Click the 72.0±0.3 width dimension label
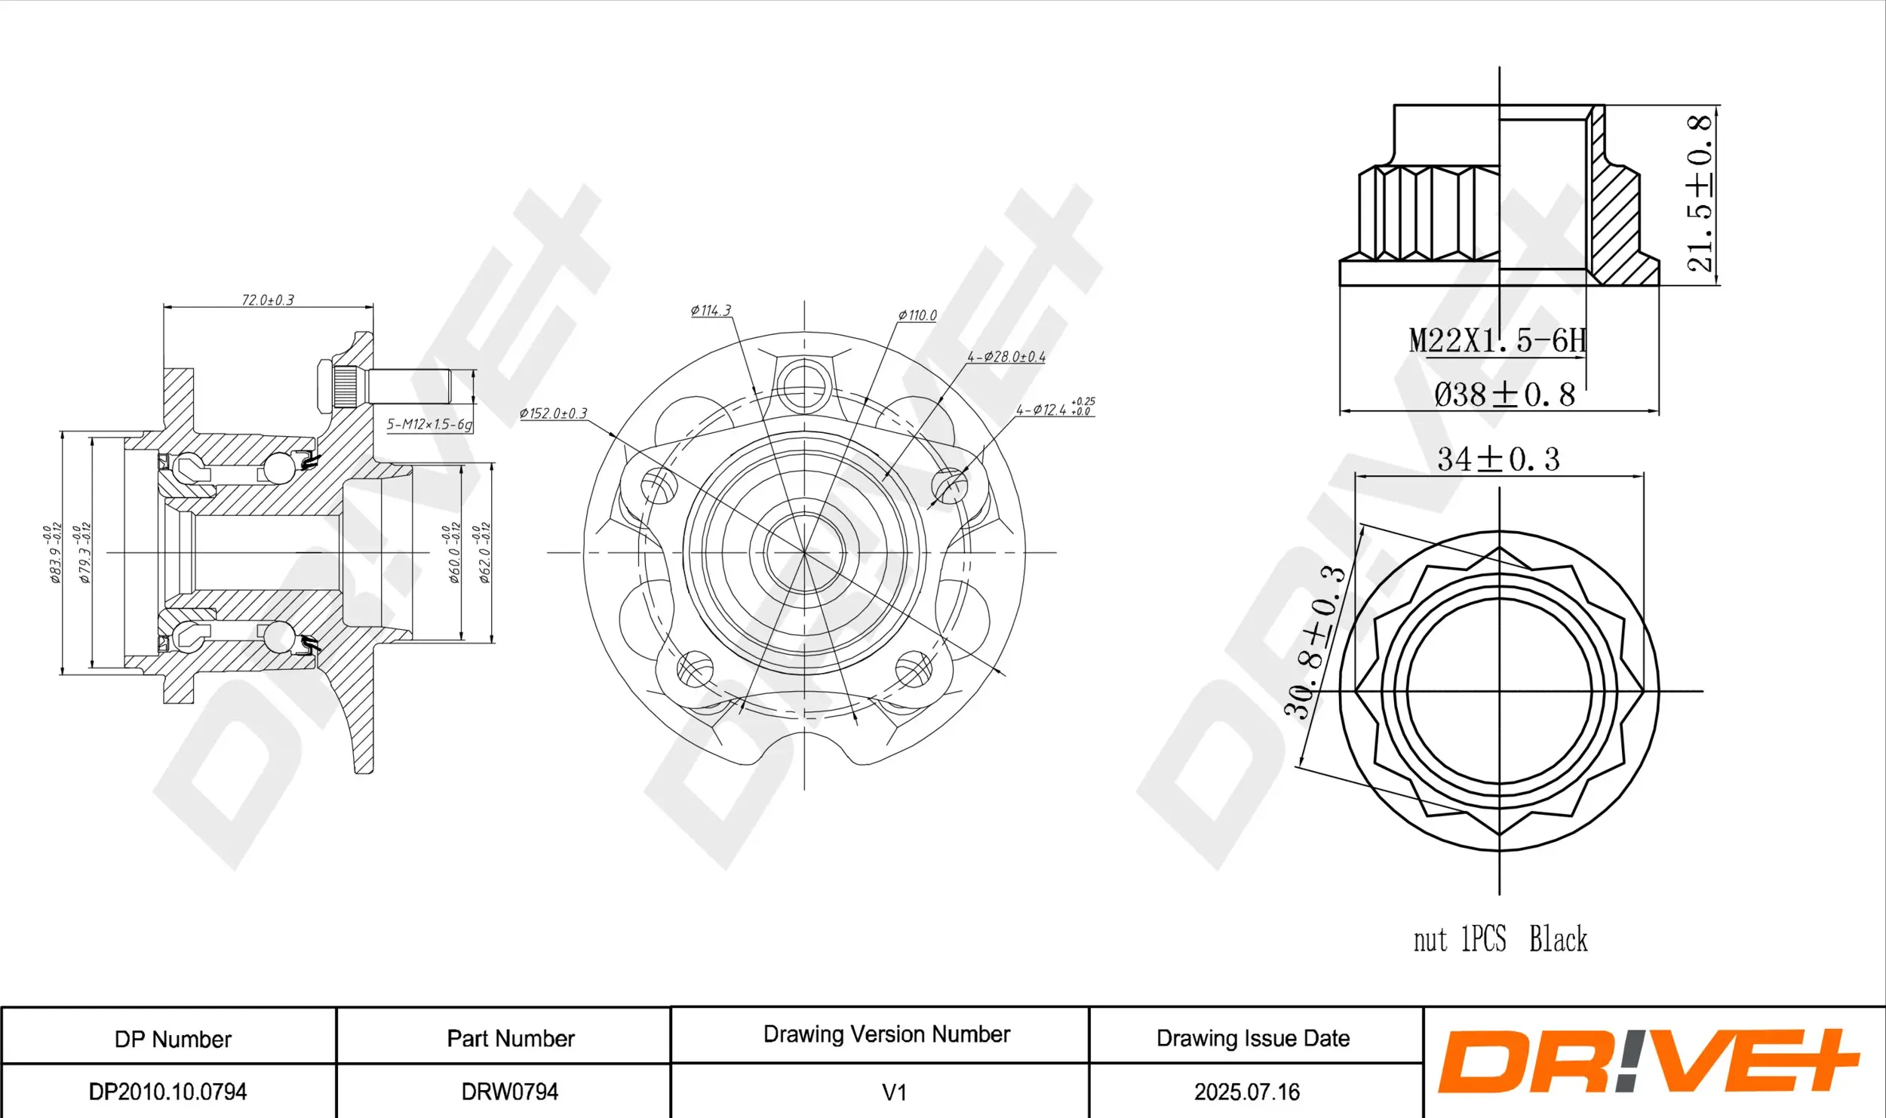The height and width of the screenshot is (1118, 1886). click(x=268, y=300)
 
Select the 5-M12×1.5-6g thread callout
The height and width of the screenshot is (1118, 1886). click(x=429, y=424)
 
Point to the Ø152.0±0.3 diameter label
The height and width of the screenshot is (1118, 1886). click(x=553, y=413)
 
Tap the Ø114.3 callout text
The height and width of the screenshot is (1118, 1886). click(x=711, y=310)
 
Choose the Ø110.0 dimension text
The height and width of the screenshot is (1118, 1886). click(x=917, y=315)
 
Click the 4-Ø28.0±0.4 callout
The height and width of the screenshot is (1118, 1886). click(x=1006, y=357)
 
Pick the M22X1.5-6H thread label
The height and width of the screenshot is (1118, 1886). click(x=1497, y=340)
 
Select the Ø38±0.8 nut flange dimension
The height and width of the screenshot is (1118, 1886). click(x=1504, y=395)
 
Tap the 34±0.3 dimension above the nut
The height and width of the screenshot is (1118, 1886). click(x=1498, y=459)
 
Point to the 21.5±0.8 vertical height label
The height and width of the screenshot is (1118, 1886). click(x=1700, y=192)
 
